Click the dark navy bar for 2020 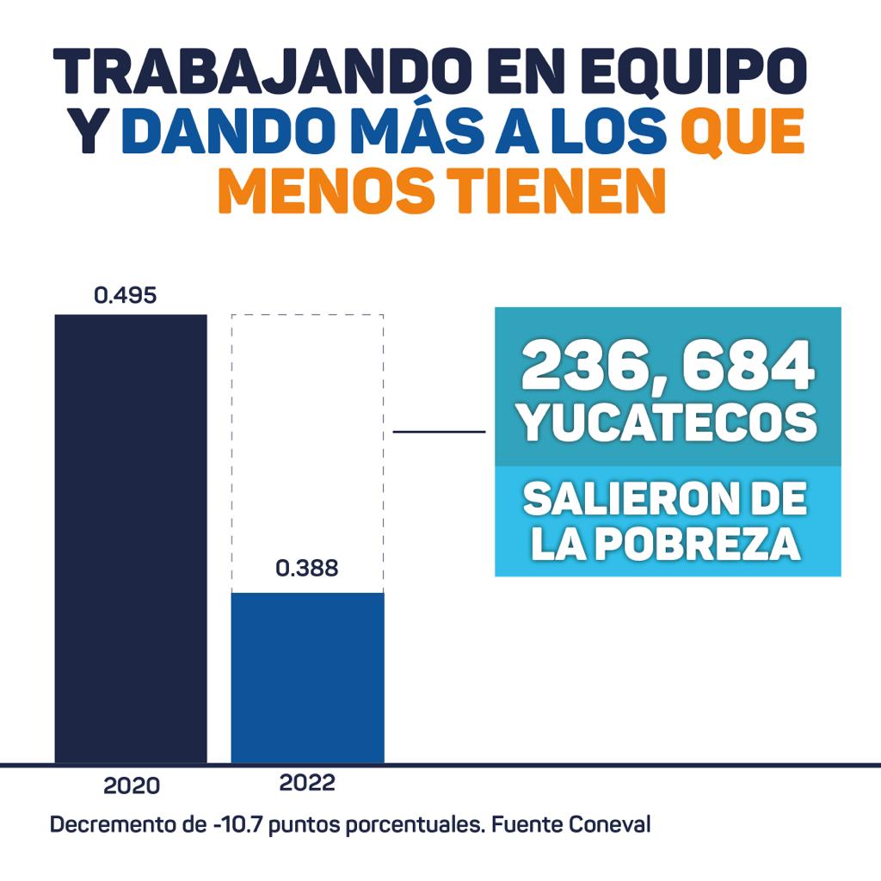[131, 538]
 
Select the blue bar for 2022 [307, 677]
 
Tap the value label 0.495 [125, 296]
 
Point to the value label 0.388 [307, 569]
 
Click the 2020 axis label [132, 786]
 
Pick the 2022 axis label [307, 784]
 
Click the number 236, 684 [668, 365]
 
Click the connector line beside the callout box [439, 431]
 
